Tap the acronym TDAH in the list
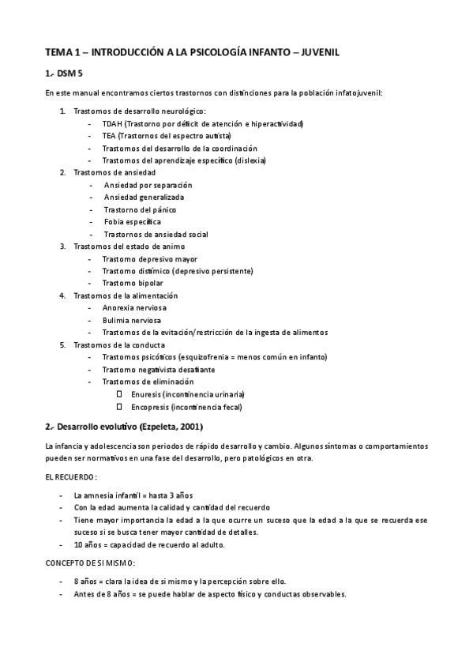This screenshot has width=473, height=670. (112, 124)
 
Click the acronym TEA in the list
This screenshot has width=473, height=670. (109, 136)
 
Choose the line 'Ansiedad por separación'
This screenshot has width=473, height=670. (148, 185)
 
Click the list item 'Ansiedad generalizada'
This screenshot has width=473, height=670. (144, 197)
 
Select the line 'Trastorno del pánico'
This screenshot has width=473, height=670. (140, 209)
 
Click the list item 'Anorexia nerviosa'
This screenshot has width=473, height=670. (134, 307)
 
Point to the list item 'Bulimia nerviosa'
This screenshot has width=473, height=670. (132, 320)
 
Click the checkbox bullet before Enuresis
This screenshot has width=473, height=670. (119, 393)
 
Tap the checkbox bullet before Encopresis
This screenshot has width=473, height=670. (119, 406)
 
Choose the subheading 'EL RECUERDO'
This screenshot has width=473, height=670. (69, 477)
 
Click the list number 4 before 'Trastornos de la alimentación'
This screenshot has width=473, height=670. (63, 295)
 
